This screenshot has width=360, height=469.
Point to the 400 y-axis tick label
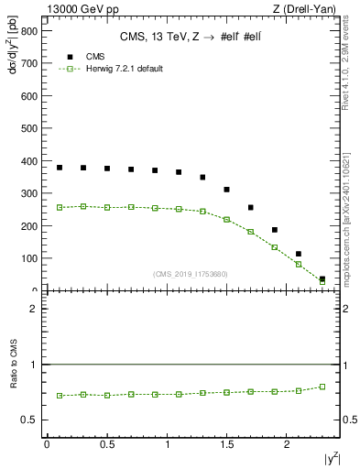[x=27, y=161]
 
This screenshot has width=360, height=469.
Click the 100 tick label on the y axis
[x=27, y=259]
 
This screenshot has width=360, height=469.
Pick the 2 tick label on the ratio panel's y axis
[x=33, y=309]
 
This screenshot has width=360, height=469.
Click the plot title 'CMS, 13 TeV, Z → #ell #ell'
[x=191, y=38]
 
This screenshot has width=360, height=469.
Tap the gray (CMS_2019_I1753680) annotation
[x=190, y=273]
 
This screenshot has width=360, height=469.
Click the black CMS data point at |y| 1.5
[x=227, y=190]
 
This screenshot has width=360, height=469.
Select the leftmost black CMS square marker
[x=60, y=168]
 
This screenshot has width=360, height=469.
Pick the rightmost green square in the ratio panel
[x=322, y=387]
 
